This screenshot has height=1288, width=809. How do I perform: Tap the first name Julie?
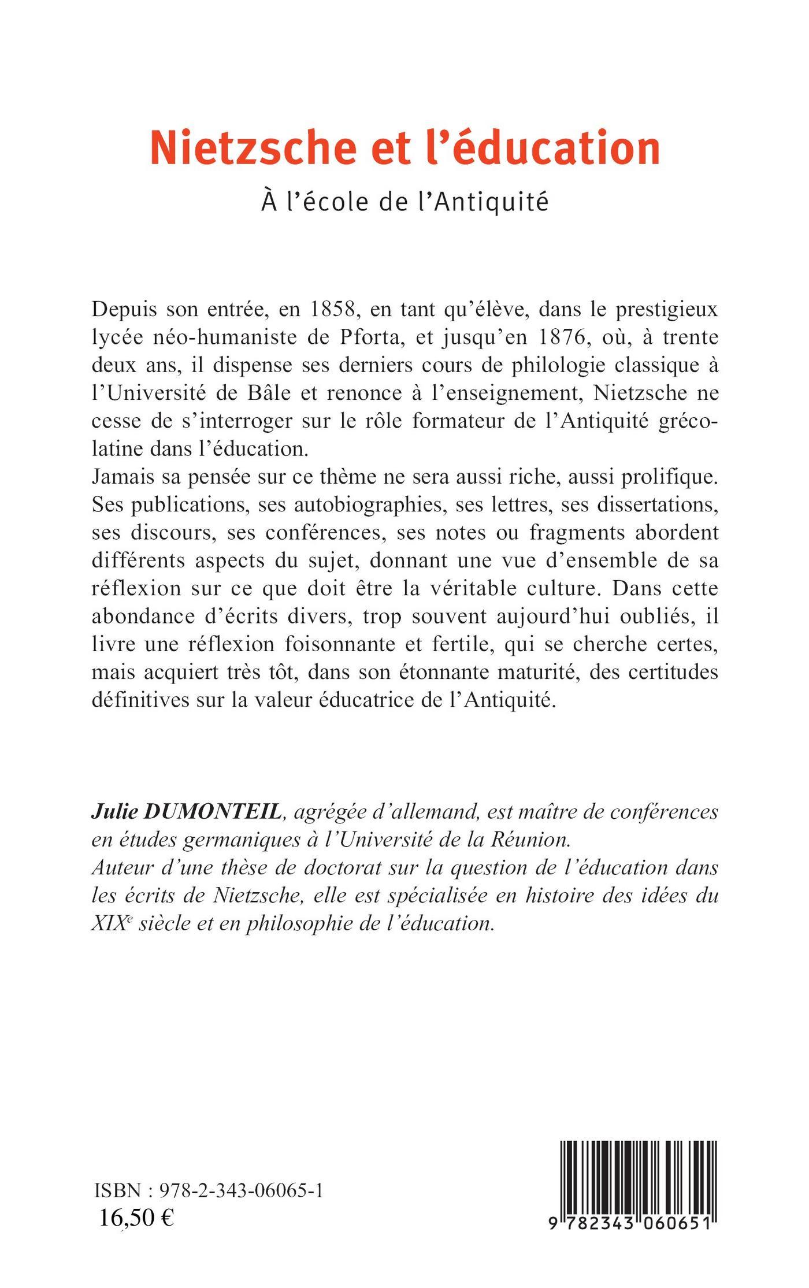point(116,812)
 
